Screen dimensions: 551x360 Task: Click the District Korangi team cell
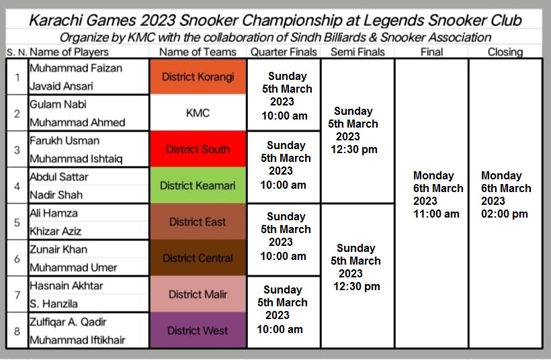(198, 77)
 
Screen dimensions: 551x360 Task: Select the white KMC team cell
(198, 113)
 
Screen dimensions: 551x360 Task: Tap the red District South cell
(198, 149)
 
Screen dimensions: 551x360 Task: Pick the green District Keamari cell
(198, 185)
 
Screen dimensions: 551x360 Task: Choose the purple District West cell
(198, 330)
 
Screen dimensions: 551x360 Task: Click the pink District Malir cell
(198, 294)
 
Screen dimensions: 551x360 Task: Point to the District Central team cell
(198, 258)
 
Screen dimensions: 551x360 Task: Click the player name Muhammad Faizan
(76, 68)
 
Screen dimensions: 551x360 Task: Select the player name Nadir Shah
(56, 195)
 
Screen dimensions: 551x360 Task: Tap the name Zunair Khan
(58, 249)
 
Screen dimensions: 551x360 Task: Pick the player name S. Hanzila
(54, 304)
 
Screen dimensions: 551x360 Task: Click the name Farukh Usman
(65, 140)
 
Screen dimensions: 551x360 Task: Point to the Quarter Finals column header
(284, 52)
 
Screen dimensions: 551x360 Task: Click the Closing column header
(505, 52)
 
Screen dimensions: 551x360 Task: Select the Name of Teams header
(198, 52)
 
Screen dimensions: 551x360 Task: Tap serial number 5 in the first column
(17, 222)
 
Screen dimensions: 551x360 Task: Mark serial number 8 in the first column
(17, 331)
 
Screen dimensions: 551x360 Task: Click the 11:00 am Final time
(436, 214)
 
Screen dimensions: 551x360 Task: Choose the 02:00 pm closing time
(504, 214)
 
